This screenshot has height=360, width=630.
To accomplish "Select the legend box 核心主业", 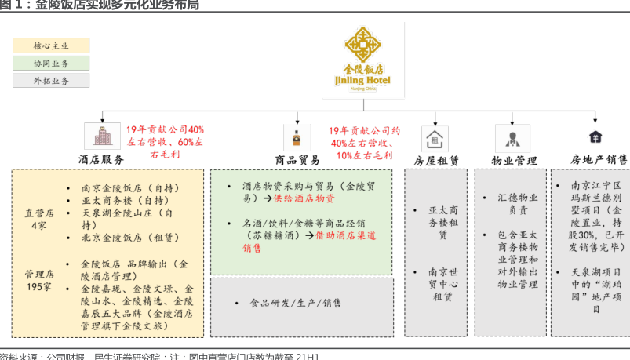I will tap(51, 46).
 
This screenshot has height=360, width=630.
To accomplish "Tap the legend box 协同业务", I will tap(51, 64).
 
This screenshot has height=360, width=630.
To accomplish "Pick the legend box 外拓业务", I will tap(51, 81).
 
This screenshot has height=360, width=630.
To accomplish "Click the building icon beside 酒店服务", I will tap(102, 136).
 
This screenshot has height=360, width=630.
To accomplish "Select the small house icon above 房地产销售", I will tap(595, 137).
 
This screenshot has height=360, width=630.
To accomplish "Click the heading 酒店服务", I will tap(100, 159).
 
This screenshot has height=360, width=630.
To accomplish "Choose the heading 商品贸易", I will tap(297, 160).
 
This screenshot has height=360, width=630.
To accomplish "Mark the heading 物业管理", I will tap(514, 161).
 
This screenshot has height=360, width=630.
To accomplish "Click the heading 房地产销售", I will tap(599, 160).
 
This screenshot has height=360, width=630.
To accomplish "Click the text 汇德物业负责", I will tap(518, 204).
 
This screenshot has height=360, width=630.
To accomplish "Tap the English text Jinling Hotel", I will tap(363, 80).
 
